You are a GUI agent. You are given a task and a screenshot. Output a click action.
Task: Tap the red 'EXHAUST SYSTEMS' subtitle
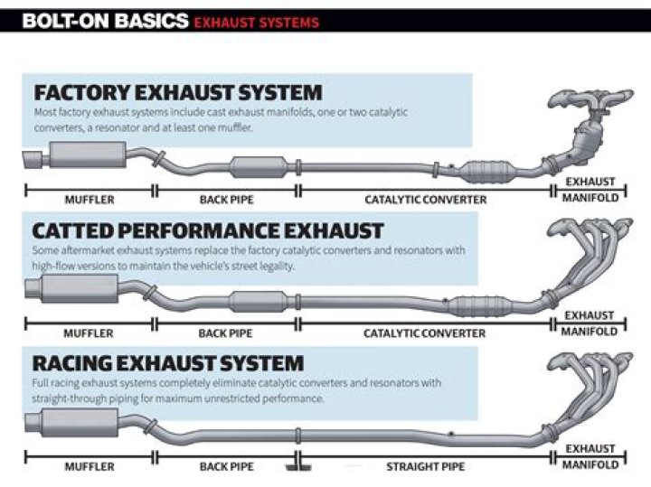pos(257,21)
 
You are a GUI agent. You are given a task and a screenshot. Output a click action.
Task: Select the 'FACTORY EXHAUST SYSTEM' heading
pos(177,92)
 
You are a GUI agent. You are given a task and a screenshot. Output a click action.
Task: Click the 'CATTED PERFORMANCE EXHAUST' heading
pos(208,230)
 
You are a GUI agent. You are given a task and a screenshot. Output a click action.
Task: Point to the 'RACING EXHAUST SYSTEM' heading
pos(168,363)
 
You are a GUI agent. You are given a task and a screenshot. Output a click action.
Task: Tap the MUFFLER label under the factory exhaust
pos(89,199)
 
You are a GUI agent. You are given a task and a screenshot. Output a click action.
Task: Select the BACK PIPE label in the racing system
pos(226,466)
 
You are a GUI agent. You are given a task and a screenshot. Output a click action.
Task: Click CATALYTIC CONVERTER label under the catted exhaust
pos(424,332)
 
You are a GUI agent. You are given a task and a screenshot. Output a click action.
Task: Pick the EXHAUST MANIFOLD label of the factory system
pos(590,190)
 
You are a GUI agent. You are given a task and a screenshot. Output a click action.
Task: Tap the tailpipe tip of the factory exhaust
pos(31,161)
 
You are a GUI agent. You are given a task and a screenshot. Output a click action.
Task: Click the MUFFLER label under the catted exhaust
pos(89,332)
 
